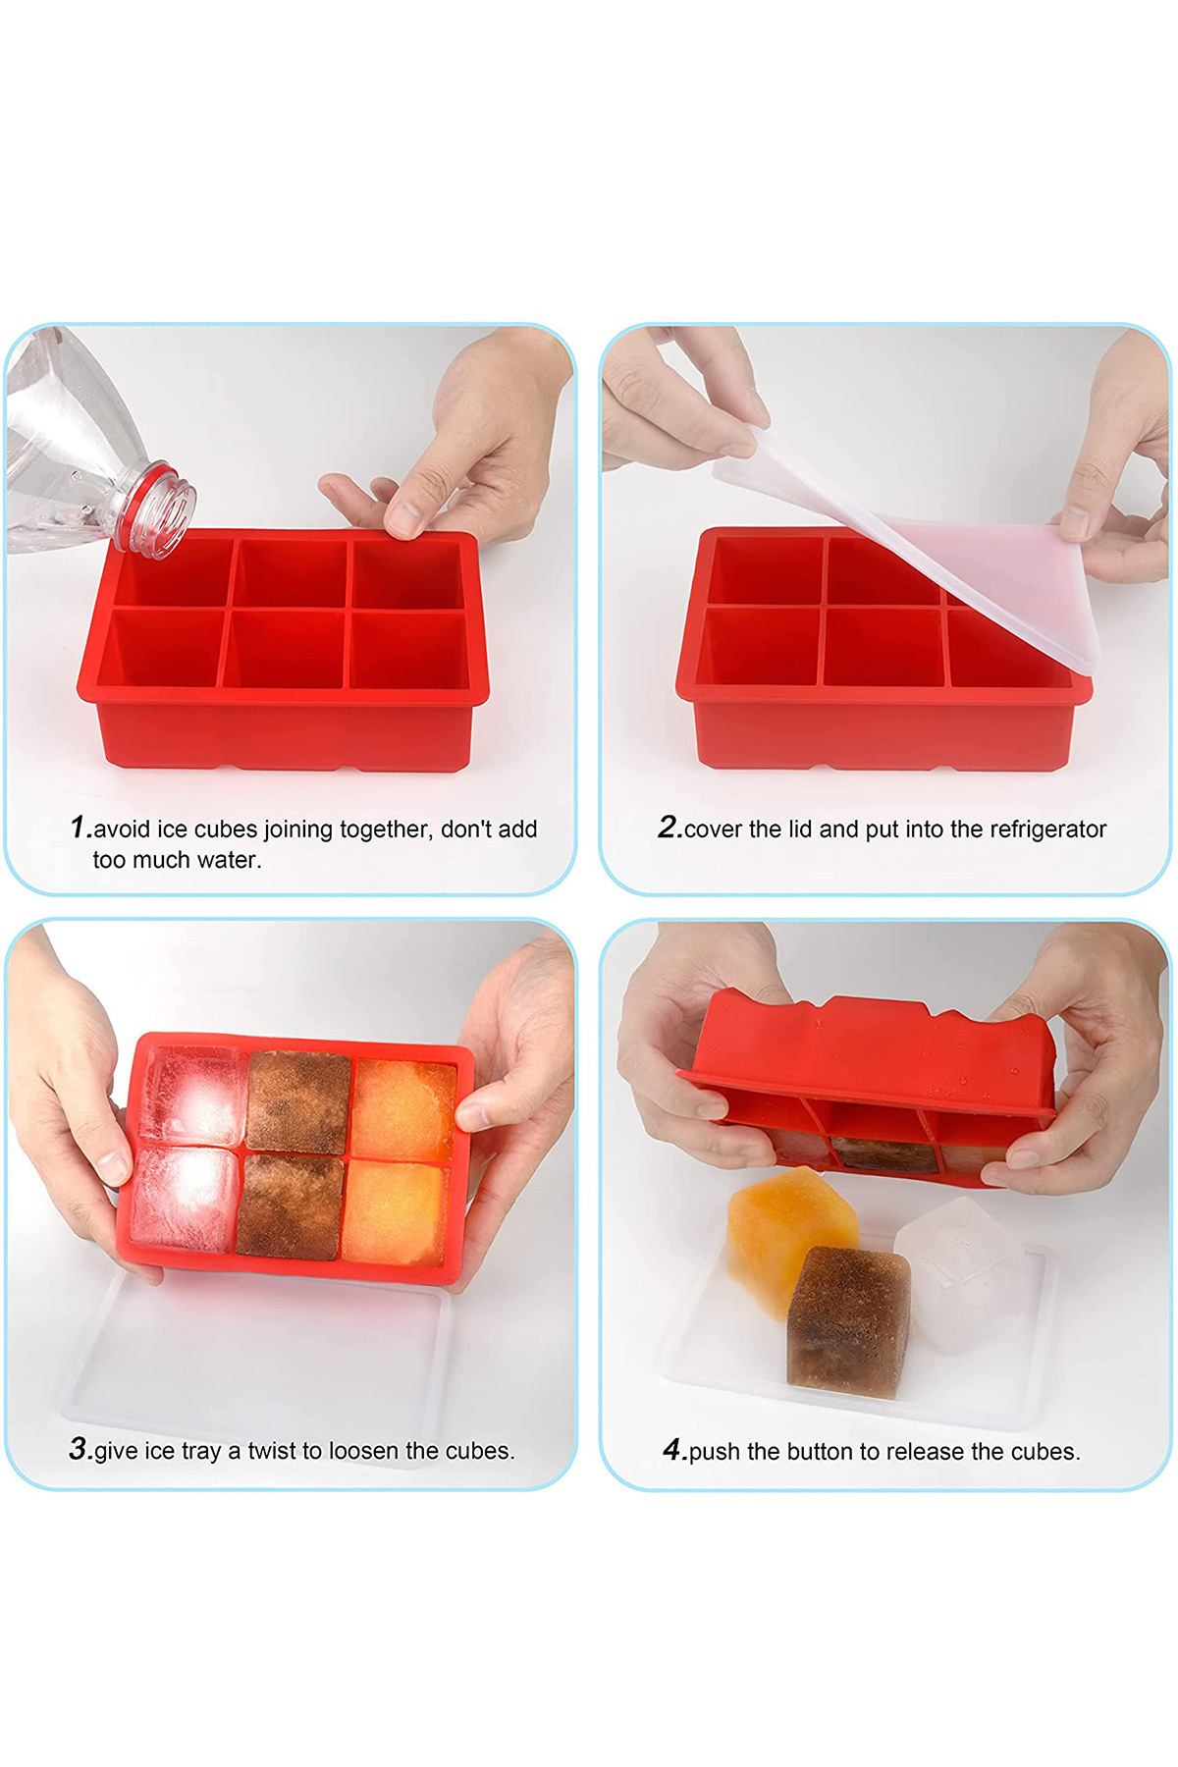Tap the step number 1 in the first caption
(x=79, y=828)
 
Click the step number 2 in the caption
(x=668, y=828)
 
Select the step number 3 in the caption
(x=79, y=1449)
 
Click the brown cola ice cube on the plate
(x=848, y=1320)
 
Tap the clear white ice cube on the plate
(x=960, y=1273)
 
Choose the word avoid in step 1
(x=122, y=830)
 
